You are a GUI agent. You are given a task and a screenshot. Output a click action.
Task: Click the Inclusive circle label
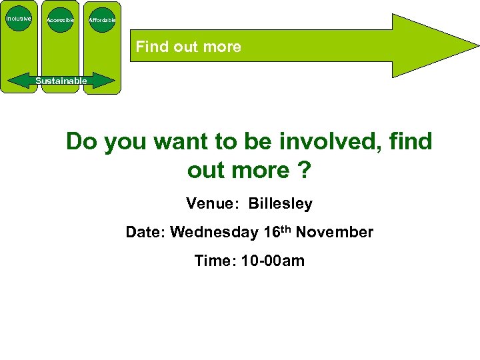pyautogui.click(x=19, y=19)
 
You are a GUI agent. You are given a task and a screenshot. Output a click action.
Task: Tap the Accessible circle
pyautogui.click(x=61, y=20)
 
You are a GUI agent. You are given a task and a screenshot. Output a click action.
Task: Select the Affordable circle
pyautogui.click(x=102, y=20)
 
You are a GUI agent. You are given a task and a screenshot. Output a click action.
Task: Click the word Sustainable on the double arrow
pyautogui.click(x=61, y=81)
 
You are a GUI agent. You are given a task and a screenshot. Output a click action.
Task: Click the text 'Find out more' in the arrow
pyautogui.click(x=189, y=47)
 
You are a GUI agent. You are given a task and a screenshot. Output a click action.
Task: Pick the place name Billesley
pyautogui.click(x=281, y=203)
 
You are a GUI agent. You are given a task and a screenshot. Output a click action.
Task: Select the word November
pyautogui.click(x=335, y=232)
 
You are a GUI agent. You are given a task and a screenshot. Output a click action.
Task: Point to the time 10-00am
pyautogui.click(x=273, y=261)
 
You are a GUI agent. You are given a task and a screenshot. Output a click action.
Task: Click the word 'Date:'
pyautogui.click(x=145, y=232)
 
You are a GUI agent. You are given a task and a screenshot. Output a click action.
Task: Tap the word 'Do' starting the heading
pyautogui.click(x=82, y=141)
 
